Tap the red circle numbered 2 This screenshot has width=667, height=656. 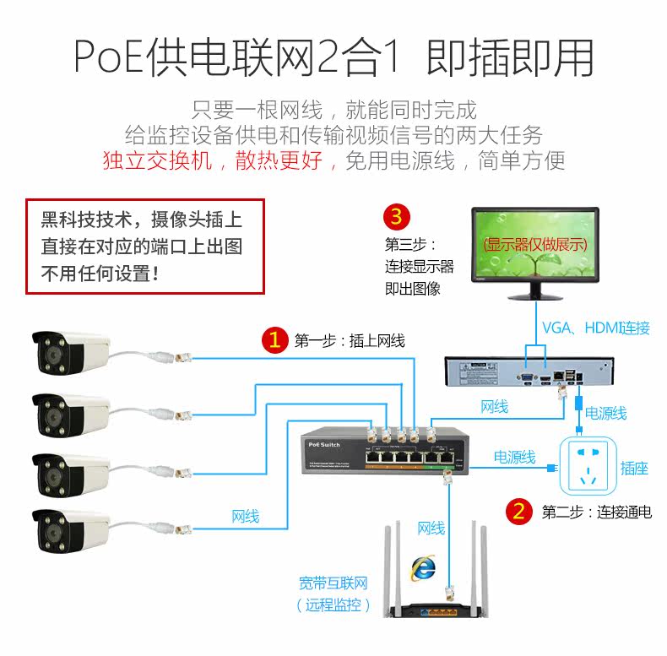tap(518, 511)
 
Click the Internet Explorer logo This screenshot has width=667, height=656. tap(421, 567)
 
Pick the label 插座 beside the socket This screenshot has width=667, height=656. tap(634, 468)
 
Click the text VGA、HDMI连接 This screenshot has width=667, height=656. tap(595, 328)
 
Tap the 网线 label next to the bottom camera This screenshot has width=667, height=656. tap(246, 517)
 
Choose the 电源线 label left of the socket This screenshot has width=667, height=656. tap(514, 458)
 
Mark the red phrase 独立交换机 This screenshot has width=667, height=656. tap(158, 160)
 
